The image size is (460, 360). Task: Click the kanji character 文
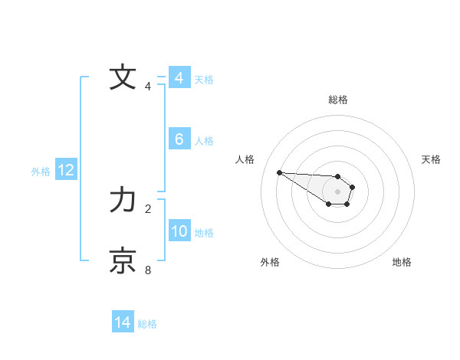[x=123, y=78]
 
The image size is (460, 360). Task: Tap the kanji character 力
[x=123, y=201]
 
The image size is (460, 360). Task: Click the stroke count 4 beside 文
[x=148, y=87]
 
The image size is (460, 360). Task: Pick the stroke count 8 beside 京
[x=148, y=270]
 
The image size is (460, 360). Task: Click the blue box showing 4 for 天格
[x=179, y=78]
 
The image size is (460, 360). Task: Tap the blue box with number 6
[x=179, y=139]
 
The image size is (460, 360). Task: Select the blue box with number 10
[x=179, y=231]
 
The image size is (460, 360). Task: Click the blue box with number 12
[x=65, y=170]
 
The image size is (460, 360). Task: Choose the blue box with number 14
[x=122, y=322]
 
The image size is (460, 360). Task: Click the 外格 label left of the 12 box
[x=41, y=172]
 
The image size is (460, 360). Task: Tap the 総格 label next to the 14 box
[x=147, y=324]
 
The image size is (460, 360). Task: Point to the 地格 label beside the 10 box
[x=204, y=233]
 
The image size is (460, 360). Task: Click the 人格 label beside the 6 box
[x=204, y=141]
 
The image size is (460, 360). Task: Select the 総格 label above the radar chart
[x=337, y=100]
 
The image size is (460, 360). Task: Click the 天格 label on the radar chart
[x=431, y=159]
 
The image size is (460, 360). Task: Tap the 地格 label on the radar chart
[x=402, y=262]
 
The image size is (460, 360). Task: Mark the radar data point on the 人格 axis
[x=279, y=172]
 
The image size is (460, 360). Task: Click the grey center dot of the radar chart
[x=337, y=191]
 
